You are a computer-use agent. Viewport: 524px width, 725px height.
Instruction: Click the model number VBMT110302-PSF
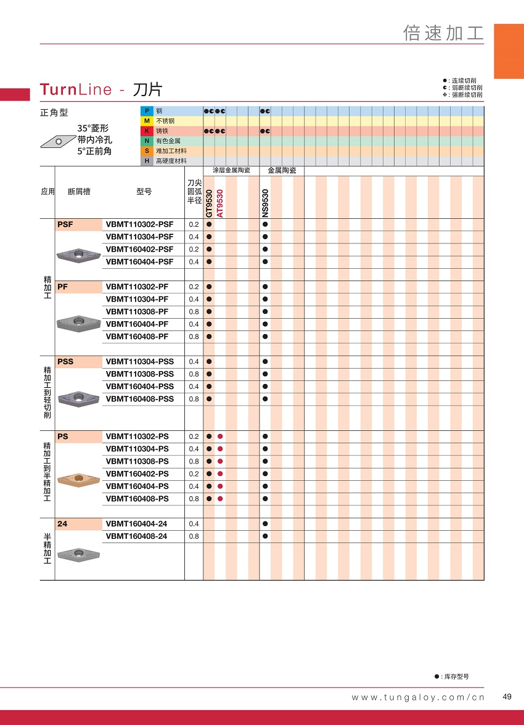point(139,224)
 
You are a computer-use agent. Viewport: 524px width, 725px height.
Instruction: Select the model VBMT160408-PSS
point(139,399)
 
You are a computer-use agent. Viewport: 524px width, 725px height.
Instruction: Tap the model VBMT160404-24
point(136,523)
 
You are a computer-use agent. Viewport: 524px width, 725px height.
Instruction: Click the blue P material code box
point(147,111)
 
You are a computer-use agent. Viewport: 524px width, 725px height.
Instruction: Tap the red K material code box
point(147,131)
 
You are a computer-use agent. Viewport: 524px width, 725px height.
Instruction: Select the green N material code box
point(147,141)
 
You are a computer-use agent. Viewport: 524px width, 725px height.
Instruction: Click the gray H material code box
point(147,161)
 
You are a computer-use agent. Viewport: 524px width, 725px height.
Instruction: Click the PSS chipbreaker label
point(65,361)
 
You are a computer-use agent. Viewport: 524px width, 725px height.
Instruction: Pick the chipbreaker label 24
point(62,523)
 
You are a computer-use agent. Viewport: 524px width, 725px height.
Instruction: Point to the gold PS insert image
point(78,479)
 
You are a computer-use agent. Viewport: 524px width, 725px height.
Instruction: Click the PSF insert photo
point(78,255)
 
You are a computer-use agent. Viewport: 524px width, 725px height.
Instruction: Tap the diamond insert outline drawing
point(57,142)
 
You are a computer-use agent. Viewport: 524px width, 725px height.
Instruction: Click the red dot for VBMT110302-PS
point(220,436)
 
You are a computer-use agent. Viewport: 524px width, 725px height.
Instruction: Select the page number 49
point(507,697)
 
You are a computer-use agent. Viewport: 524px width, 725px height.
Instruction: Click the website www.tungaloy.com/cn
point(418,697)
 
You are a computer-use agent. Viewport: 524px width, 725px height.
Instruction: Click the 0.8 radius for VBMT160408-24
point(194,536)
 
